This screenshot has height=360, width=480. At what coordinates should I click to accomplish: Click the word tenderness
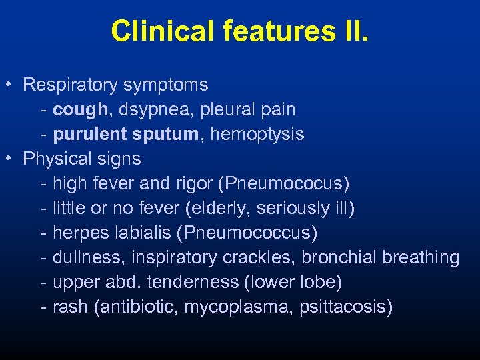(x=192, y=282)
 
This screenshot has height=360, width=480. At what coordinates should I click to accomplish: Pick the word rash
(x=69, y=307)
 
